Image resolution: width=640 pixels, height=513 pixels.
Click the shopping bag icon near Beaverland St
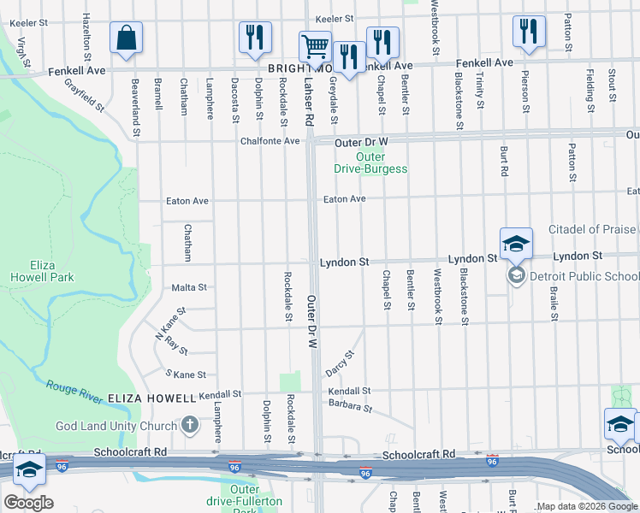point(126,38)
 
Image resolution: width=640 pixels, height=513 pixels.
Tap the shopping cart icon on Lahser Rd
point(315,48)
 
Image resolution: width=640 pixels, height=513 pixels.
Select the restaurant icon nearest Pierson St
point(529,32)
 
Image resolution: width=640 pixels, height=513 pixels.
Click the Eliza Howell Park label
point(42,271)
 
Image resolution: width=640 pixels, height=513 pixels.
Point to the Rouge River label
point(74,390)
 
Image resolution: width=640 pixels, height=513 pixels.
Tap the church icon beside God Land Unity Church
point(189,425)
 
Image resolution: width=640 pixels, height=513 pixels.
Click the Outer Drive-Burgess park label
point(370,162)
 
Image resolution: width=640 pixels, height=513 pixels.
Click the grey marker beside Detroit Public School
point(517,275)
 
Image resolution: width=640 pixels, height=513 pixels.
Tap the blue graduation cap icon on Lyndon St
point(517,244)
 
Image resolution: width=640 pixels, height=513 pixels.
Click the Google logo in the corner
point(28,502)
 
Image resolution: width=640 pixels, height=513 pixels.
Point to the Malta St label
point(189,288)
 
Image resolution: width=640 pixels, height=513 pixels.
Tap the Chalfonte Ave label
point(270,141)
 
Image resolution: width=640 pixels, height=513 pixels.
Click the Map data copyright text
point(587,506)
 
